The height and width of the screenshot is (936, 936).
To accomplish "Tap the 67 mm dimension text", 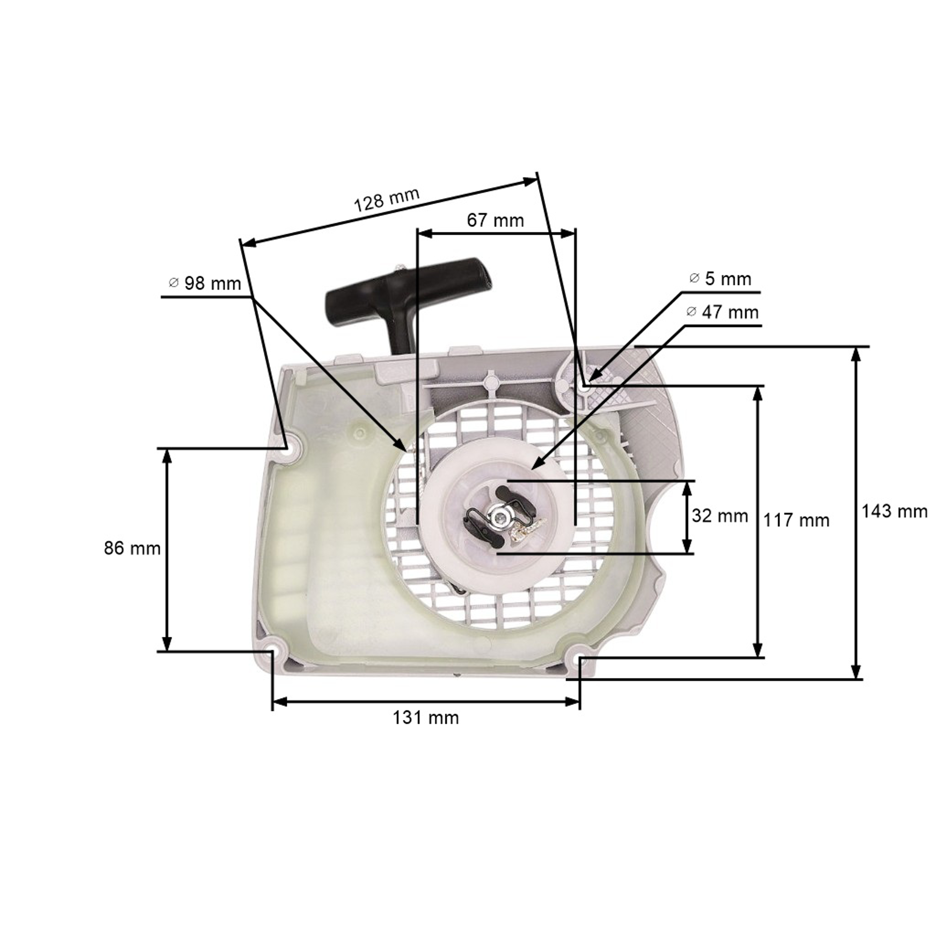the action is point(495,221).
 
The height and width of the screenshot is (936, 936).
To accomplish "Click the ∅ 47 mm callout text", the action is point(722,312).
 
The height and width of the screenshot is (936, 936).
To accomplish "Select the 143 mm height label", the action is point(894,511).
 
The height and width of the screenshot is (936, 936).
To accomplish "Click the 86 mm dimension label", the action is point(132,548).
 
